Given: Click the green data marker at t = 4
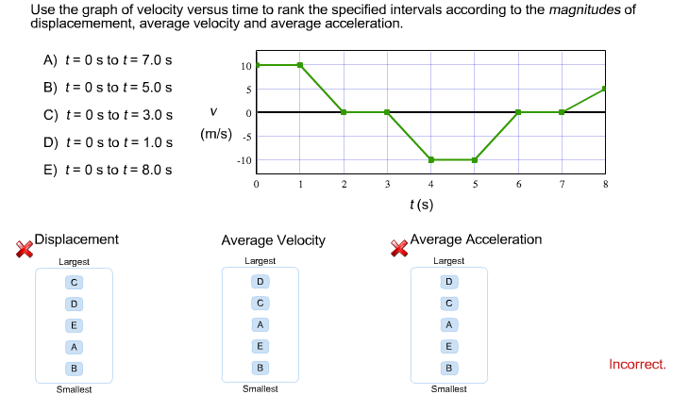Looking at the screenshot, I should pos(431,160).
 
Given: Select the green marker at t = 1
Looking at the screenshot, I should pos(300,65).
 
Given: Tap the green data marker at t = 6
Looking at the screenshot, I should pos(518,112).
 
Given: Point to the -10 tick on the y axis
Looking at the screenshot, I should pos(244,160).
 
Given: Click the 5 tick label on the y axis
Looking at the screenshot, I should pos(247,90).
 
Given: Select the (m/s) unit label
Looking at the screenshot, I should pos(216,134).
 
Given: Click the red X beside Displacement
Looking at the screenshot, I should pos(25,248).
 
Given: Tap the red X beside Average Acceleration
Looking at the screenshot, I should pos(400,248).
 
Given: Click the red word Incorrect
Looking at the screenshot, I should pos(637,364).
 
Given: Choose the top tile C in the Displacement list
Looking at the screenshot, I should pos(74,282).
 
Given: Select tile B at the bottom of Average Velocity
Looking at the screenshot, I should pos(260,367).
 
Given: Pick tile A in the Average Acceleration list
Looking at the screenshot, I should pos(449,324).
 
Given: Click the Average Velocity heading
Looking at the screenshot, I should pos(273,240).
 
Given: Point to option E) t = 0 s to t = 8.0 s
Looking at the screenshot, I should pos(108,171).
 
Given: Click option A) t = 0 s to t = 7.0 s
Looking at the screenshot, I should pos(108,60).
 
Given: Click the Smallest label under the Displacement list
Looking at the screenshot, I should pos(74,389).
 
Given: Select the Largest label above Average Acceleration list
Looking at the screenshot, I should pos(448,261).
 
